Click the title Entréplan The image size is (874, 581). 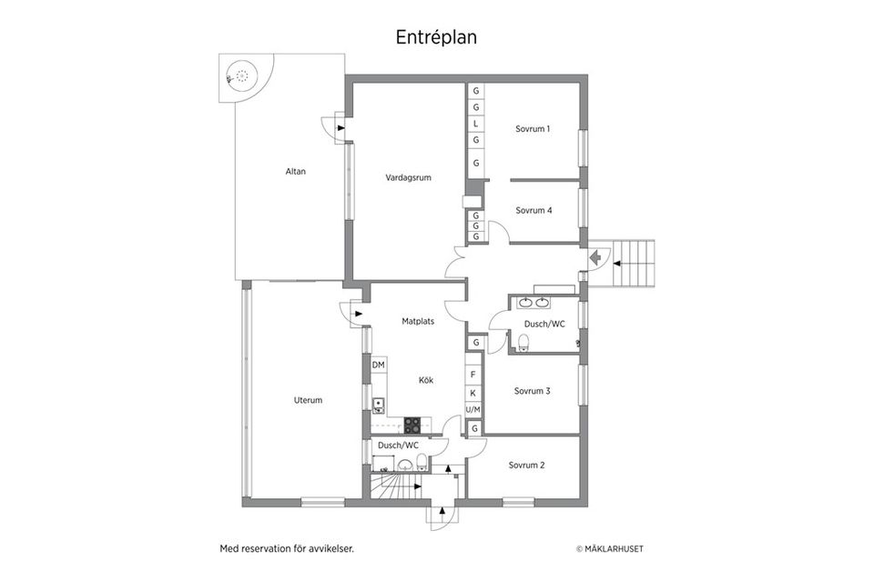coord(436,37)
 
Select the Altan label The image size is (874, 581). coord(295,170)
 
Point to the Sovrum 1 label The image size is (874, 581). coord(533,128)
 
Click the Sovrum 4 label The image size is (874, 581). coord(534,210)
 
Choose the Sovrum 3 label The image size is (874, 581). coord(532,391)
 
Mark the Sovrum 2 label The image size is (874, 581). coord(526,465)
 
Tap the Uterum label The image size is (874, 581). coord(308,400)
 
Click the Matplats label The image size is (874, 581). coord(418,320)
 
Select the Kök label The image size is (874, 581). coord(425,380)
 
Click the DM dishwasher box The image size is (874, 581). coord(379,365)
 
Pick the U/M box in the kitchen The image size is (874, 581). coord(473,410)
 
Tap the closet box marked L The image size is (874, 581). coord(475,124)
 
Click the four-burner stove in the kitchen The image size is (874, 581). coord(412,424)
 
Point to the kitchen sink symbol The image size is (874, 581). coord(379,406)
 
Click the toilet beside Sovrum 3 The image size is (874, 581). coord(523,342)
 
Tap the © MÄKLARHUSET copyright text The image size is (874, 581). coord(615,548)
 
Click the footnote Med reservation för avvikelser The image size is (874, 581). coord(286,548)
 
